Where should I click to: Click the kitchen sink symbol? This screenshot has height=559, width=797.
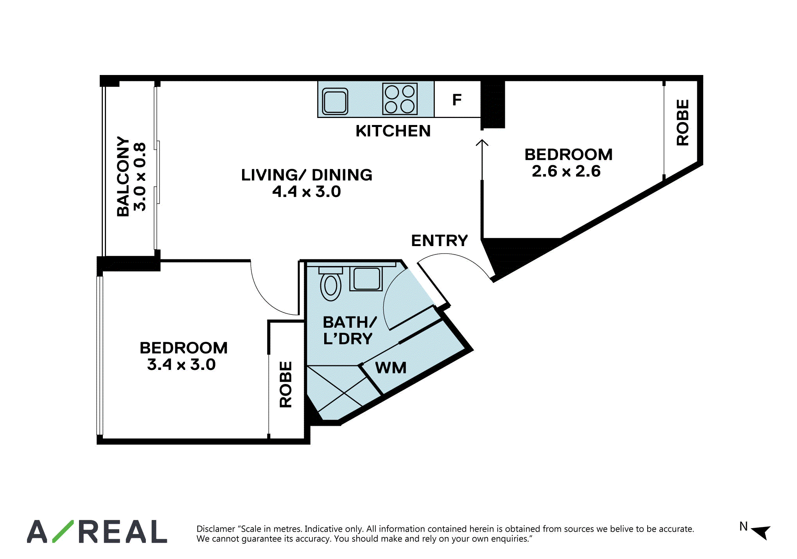[335, 101]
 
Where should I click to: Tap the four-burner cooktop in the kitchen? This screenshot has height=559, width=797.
[400, 99]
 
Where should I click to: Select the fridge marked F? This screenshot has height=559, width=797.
[457, 100]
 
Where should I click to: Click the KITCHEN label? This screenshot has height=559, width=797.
[393, 131]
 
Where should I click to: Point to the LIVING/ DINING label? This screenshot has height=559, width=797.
[307, 175]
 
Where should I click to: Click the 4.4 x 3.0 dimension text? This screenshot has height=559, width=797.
[307, 191]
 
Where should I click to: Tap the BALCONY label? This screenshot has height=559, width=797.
[123, 176]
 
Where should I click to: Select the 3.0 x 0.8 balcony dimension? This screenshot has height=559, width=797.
[140, 177]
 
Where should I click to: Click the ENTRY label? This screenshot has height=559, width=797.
[440, 241]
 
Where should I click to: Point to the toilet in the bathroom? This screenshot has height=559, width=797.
[331, 284]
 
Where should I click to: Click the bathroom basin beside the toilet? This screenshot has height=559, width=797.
[366, 279]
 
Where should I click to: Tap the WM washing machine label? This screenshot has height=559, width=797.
[391, 368]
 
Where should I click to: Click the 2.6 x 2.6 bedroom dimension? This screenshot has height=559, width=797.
[566, 171]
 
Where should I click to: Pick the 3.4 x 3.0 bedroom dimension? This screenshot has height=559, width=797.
[181, 364]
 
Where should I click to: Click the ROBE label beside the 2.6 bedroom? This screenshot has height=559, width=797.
[683, 122]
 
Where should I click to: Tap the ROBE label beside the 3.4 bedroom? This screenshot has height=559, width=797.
[286, 384]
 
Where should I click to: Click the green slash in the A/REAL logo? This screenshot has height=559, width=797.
[63, 531]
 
